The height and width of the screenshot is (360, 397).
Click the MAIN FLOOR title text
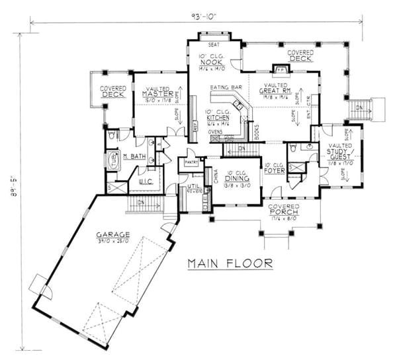tap(229, 263)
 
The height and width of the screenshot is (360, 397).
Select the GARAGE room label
tap(111, 235)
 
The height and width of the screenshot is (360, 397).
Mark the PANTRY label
tap(192, 161)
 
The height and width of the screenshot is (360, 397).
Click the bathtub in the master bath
tap(112, 161)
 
